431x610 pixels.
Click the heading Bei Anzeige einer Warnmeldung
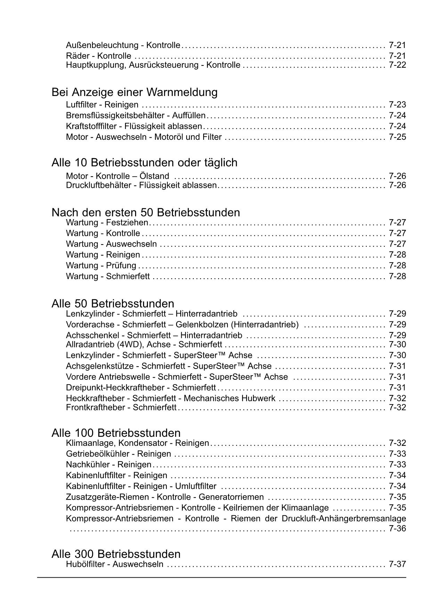(x=134, y=92)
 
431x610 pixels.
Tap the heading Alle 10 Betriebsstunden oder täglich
(x=144, y=162)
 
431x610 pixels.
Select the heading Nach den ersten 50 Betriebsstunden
(x=146, y=212)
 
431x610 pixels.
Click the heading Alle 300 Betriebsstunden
(x=116, y=554)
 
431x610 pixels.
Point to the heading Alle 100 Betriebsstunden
(x=116, y=433)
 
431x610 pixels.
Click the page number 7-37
(x=397, y=564)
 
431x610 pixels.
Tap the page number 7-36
(x=397, y=529)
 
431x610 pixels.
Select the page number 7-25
(x=397, y=137)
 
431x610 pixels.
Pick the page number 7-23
(x=397, y=105)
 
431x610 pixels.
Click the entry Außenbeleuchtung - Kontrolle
(x=123, y=45)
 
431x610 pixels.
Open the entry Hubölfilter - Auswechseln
(x=114, y=564)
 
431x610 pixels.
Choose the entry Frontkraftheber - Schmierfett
(x=121, y=407)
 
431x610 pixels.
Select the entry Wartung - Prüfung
(x=101, y=266)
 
